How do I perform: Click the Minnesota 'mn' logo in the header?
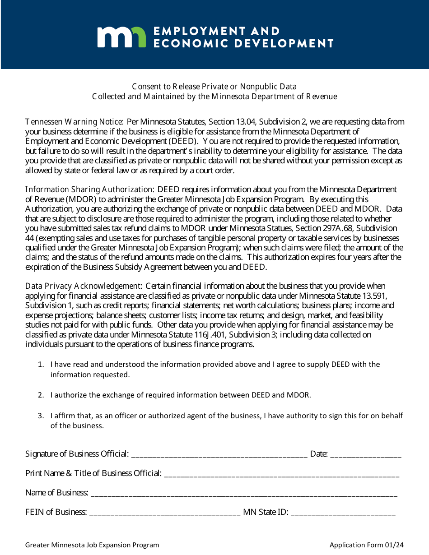[121, 37]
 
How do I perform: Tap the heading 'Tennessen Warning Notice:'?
[75, 122]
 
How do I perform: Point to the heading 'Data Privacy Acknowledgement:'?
[84, 286]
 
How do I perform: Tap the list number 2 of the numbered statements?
[41, 395]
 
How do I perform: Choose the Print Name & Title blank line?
[281, 474]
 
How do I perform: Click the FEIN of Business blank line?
[165, 513]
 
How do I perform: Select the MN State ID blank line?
[343, 513]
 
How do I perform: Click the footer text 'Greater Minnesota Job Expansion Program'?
[92, 545]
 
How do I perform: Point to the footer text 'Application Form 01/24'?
[366, 545]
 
